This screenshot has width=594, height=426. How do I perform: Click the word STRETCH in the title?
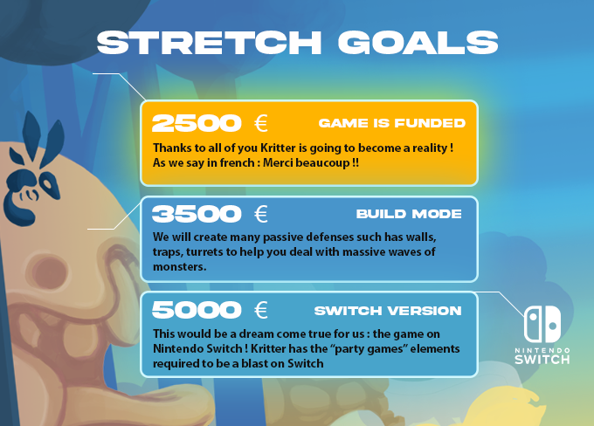[x=209, y=43]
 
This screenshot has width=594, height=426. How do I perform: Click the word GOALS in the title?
[x=418, y=43]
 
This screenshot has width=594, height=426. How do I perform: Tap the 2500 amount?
[x=197, y=123]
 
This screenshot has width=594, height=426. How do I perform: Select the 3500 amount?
[x=197, y=214]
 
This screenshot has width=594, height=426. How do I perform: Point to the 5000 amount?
[x=197, y=310]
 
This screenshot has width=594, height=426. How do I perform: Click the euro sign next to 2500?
[x=261, y=123]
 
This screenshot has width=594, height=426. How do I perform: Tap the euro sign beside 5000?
[x=261, y=310]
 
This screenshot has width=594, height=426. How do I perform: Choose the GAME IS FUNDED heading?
[x=391, y=123]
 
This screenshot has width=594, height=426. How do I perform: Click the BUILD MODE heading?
[x=409, y=214]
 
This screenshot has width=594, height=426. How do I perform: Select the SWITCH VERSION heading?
[x=388, y=311]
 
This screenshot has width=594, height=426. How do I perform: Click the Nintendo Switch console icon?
[x=542, y=324]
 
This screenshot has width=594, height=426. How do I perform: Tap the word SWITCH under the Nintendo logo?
[x=542, y=360]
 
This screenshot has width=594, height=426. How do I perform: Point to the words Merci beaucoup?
[x=307, y=163]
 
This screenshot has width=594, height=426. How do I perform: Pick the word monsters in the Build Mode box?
[x=180, y=267]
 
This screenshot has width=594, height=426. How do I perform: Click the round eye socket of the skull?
[x=49, y=272]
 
